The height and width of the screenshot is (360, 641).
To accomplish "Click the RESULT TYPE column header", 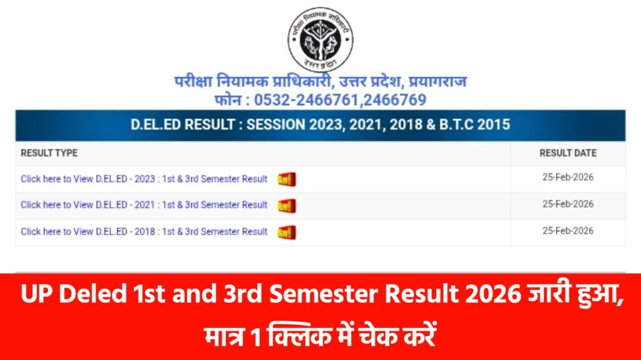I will (x=49, y=153).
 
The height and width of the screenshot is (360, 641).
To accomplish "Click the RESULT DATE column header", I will (x=568, y=153).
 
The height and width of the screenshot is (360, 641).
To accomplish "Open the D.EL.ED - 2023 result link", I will (x=144, y=179).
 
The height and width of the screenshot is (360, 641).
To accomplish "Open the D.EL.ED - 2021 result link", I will (x=144, y=205).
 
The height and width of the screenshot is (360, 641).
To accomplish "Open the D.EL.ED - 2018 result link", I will (x=144, y=232).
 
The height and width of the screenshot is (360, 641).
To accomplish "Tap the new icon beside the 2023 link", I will (x=287, y=180).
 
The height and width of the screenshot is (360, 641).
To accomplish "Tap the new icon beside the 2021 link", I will (x=287, y=206).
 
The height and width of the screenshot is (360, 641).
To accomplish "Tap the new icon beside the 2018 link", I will (x=287, y=232).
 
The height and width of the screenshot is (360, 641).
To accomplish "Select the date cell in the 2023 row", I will (x=568, y=177).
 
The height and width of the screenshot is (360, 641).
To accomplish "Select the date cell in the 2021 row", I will (x=568, y=203).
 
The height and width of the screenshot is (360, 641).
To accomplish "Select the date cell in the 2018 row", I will (x=568, y=230).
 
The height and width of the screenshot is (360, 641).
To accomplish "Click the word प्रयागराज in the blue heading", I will (x=438, y=82).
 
